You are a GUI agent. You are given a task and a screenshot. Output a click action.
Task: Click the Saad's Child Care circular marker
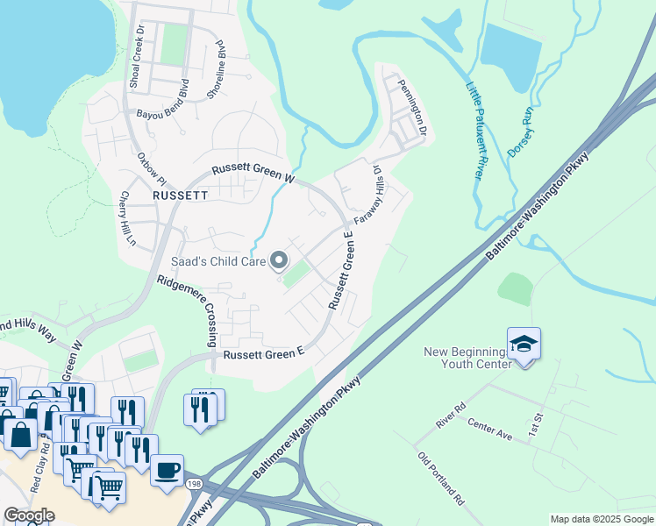(x=280, y=259)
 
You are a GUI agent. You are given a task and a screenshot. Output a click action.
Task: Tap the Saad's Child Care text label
(x=216, y=260)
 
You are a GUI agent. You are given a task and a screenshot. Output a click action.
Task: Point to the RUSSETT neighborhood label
(x=180, y=195)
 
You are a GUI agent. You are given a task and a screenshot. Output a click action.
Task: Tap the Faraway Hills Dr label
(x=368, y=195)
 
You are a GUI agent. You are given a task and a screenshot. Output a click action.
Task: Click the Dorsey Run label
(x=521, y=132)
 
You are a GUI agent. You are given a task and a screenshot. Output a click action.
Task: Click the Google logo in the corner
(x=29, y=515)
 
